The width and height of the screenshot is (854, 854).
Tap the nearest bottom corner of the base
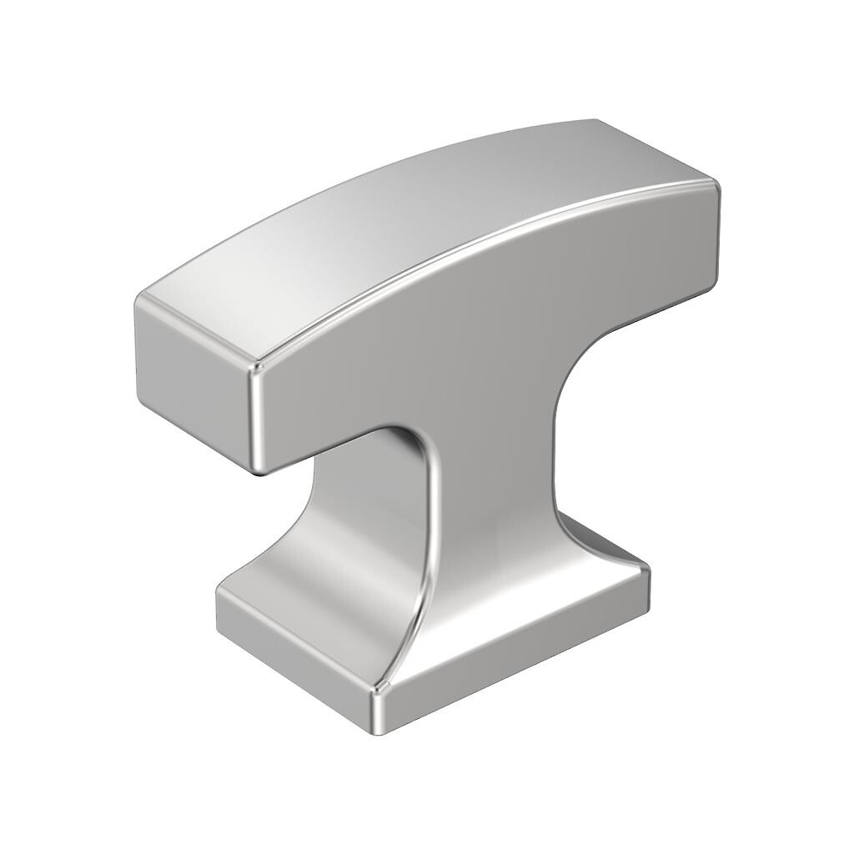tap(377, 730)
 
